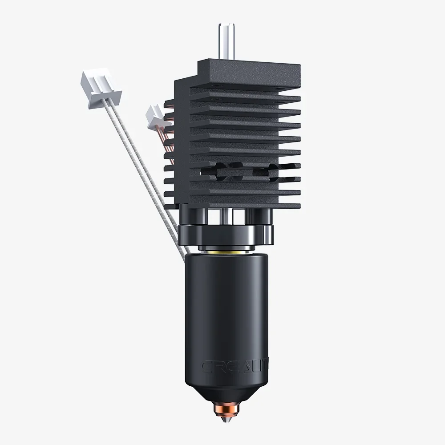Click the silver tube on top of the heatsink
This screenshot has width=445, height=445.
(x=222, y=42)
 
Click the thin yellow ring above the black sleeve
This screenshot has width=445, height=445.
(x=226, y=251)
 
